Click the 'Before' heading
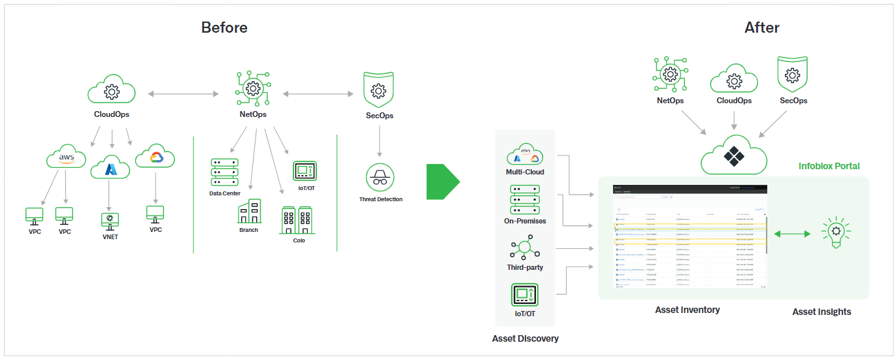pos(224,27)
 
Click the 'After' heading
pos(761,27)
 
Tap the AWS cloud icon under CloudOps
pos(66,158)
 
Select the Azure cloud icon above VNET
pos(110,169)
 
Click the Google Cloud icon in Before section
pos(156,157)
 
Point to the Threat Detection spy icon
pos(380,178)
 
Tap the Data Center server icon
pos(225,172)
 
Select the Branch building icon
pos(249,212)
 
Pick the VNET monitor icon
pos(110,220)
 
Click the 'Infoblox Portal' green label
pos(829,166)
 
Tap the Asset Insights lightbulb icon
pos(835,234)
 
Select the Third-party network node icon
pos(525,248)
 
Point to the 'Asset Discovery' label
pos(525,338)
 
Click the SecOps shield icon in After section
pos(793,74)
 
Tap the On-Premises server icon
pos(525,199)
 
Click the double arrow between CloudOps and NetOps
pos(182,94)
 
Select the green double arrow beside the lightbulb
pos(791,234)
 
